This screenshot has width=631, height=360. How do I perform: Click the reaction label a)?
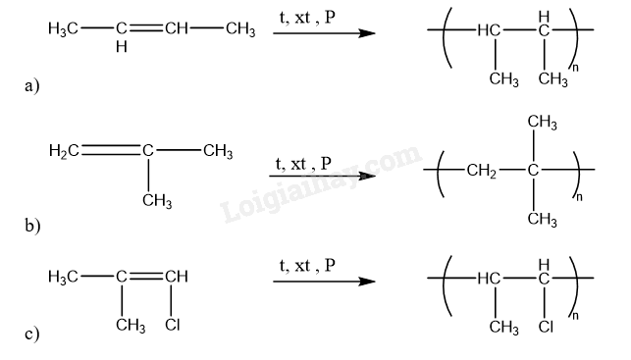(31, 86)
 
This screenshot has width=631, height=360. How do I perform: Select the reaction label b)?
(32, 226)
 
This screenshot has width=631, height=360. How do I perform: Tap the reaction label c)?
(31, 334)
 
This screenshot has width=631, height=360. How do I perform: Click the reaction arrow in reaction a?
(324, 33)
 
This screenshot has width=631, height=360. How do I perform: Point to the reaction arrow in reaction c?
(324, 282)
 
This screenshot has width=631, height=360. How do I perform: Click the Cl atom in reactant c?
(173, 325)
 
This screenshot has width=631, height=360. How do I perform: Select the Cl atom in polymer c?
(546, 327)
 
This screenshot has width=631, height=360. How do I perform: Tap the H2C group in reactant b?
(64, 151)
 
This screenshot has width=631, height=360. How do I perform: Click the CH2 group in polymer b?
(481, 171)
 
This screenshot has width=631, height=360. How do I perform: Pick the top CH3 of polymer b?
(542, 122)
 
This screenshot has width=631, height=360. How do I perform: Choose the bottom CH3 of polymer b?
(542, 219)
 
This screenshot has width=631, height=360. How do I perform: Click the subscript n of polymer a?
(575, 68)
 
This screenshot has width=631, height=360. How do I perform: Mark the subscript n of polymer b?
(579, 197)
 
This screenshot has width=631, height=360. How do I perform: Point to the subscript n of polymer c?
(575, 316)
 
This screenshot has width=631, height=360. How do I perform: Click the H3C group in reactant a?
(63, 29)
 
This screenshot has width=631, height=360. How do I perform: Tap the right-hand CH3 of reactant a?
(240, 29)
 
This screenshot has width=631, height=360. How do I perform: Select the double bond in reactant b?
(112, 150)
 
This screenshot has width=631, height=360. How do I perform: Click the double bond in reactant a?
(145, 28)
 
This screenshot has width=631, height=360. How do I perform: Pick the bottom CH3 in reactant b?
(157, 201)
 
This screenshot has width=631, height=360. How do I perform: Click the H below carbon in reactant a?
(121, 47)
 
